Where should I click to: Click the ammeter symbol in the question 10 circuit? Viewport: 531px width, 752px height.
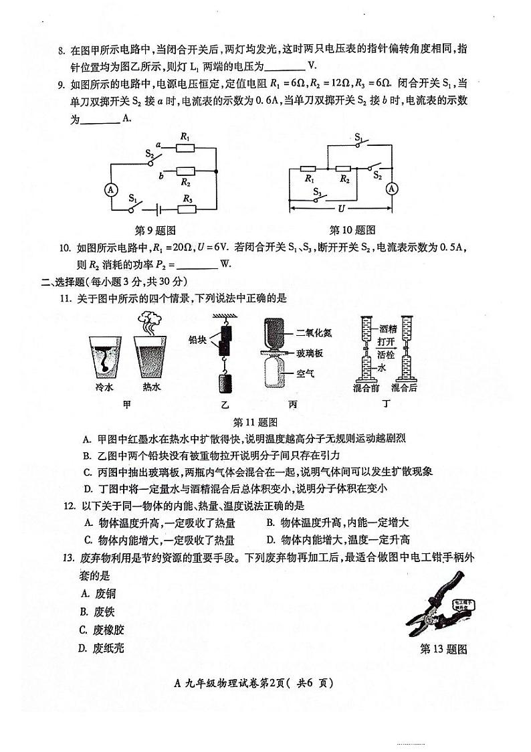click(x=393, y=189)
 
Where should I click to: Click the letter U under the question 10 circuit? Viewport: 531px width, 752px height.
click(x=341, y=208)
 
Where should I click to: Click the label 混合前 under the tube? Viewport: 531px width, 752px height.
click(x=366, y=387)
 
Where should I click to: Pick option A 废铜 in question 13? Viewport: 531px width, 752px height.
click(x=101, y=593)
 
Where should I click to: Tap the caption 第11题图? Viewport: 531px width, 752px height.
click(x=254, y=422)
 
